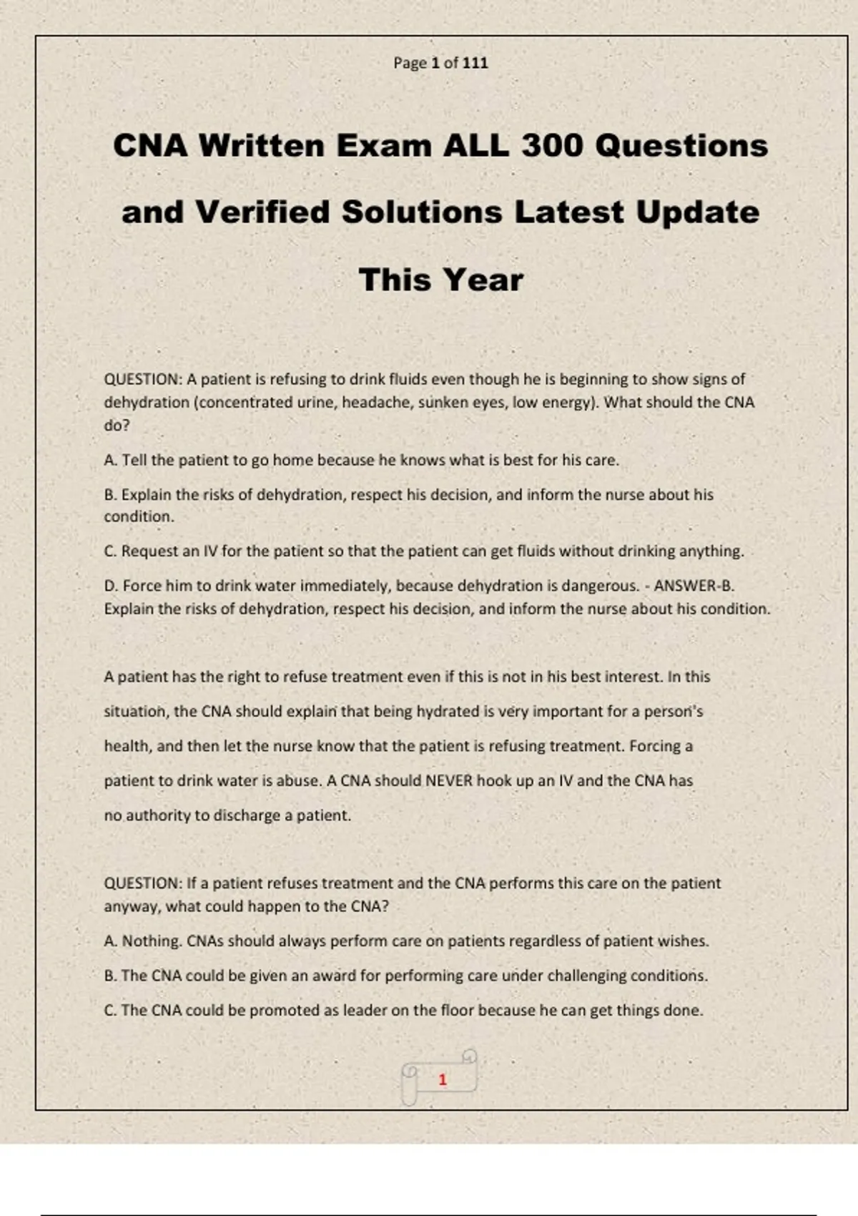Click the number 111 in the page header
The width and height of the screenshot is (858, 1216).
pos(475,63)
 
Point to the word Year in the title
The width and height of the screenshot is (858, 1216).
pos(485,280)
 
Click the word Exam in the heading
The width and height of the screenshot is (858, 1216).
pos(384,146)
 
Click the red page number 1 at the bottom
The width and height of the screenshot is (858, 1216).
pos(443,1079)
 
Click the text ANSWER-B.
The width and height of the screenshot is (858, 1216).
pos(694,586)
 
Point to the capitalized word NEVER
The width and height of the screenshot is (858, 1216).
pos(449,780)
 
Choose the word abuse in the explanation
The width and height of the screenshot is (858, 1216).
pos(299,780)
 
